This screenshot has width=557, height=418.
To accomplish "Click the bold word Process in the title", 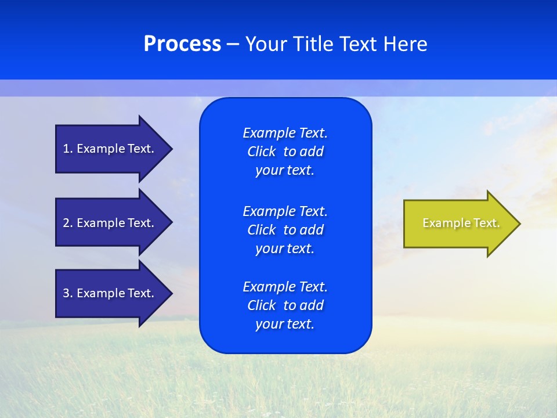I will pos(182,44).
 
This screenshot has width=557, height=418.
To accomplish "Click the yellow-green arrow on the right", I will pos(458,224).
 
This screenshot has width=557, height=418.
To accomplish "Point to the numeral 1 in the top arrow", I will pos(66,149).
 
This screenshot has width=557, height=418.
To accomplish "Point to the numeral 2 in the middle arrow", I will pos(66,223).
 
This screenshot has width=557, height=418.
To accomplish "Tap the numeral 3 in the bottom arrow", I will pos(66,293).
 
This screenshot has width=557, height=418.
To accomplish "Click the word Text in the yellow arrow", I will pos(487,223).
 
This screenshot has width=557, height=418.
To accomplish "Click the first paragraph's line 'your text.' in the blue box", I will pos(284,171).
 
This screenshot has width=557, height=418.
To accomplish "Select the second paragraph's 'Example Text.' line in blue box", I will pos(285,211).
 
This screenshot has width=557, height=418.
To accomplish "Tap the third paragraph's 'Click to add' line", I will pos(285,305).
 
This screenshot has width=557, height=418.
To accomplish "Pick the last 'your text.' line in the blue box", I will pos(284,325).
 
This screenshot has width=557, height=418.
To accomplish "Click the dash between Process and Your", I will pos(233,44).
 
